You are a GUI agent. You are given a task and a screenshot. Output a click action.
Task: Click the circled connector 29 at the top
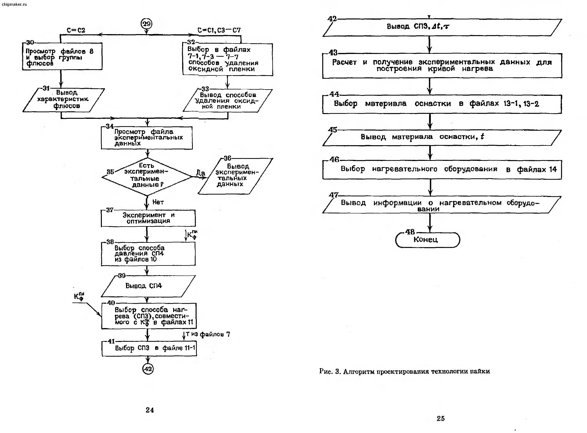coord(146,24)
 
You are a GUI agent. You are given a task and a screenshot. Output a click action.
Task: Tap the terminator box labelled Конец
coord(427,240)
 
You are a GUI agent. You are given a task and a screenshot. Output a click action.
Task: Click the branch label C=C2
coord(76,30)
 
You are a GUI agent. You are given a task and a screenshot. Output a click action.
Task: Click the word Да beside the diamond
coord(201,173)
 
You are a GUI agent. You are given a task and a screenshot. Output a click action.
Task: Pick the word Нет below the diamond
coord(158,202)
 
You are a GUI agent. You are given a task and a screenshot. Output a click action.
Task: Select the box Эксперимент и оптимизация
coord(148,218)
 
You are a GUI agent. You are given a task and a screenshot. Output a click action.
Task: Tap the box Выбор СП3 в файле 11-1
coord(149,348)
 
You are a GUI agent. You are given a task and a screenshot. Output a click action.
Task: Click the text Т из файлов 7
coord(208,334)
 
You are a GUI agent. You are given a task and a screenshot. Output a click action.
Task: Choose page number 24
coord(150,410)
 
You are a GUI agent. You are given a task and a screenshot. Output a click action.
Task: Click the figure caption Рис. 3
coord(404,371)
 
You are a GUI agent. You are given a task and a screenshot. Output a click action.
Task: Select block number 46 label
coord(334,159)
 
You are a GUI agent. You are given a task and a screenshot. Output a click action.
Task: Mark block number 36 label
coord(227,158)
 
